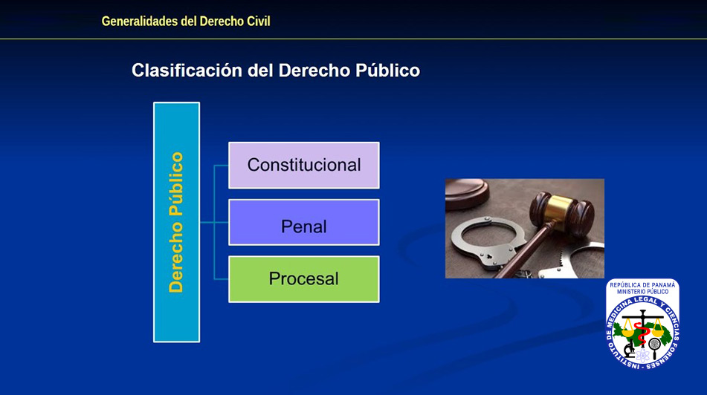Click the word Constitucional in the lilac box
pos(304,165)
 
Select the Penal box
pos(304,223)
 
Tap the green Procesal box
pos(304,279)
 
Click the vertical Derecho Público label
pos(176,222)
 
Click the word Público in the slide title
pos(388,71)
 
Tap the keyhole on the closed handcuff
pos(488,257)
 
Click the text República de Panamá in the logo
pos(642,285)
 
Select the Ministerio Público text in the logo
pos(642,292)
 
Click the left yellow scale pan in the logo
pos(628,331)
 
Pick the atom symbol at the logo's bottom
pos(643,356)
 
